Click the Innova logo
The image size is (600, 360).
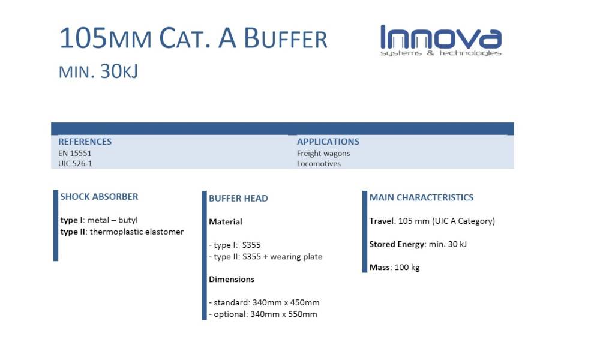(441, 41)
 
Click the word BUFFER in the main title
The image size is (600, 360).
(286, 38)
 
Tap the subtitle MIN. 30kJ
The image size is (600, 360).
(98, 71)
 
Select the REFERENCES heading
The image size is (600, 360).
(85, 142)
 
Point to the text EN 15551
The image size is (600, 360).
(75, 154)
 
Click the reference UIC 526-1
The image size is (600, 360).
(75, 164)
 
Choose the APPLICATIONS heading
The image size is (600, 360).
(328, 142)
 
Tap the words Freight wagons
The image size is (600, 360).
(323, 154)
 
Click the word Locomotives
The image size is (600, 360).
(319, 164)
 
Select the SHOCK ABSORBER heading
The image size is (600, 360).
(99, 197)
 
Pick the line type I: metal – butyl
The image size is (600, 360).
(99, 220)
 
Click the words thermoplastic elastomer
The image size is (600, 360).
(137, 232)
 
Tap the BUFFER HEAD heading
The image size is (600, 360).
(238, 198)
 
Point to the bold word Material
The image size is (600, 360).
(226, 222)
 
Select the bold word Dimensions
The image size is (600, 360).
(232, 279)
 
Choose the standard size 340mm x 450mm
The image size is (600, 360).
(286, 302)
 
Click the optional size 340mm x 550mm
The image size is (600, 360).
(284, 314)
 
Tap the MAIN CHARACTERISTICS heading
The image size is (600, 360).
(421, 197)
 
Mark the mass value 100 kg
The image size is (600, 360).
(407, 268)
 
